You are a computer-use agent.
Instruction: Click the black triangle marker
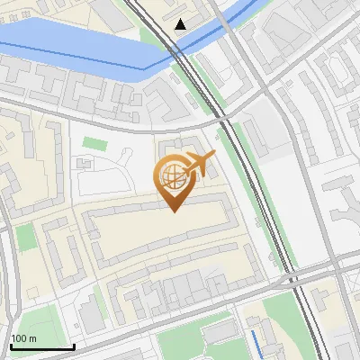[x=182, y=24]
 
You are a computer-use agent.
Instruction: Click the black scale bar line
[x=41, y=347]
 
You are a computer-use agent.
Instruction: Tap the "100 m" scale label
[x=23, y=338]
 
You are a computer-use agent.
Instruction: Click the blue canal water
[x=72, y=45]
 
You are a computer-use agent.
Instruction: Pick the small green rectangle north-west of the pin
[x=94, y=142]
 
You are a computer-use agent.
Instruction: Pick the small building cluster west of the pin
[x=85, y=164]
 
